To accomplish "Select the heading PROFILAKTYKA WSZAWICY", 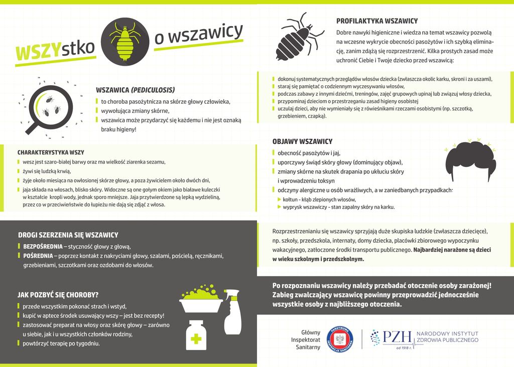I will (x=377, y=21).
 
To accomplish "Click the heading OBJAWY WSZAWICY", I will (x=302, y=141).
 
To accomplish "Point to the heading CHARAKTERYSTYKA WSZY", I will (x=51, y=152).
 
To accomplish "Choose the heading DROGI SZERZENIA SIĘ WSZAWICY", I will (x=68, y=235).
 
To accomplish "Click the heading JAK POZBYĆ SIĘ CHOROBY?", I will (x=58, y=295).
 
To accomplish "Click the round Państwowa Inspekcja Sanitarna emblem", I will (x=340, y=339).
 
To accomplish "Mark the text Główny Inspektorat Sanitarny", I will (x=308, y=339).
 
